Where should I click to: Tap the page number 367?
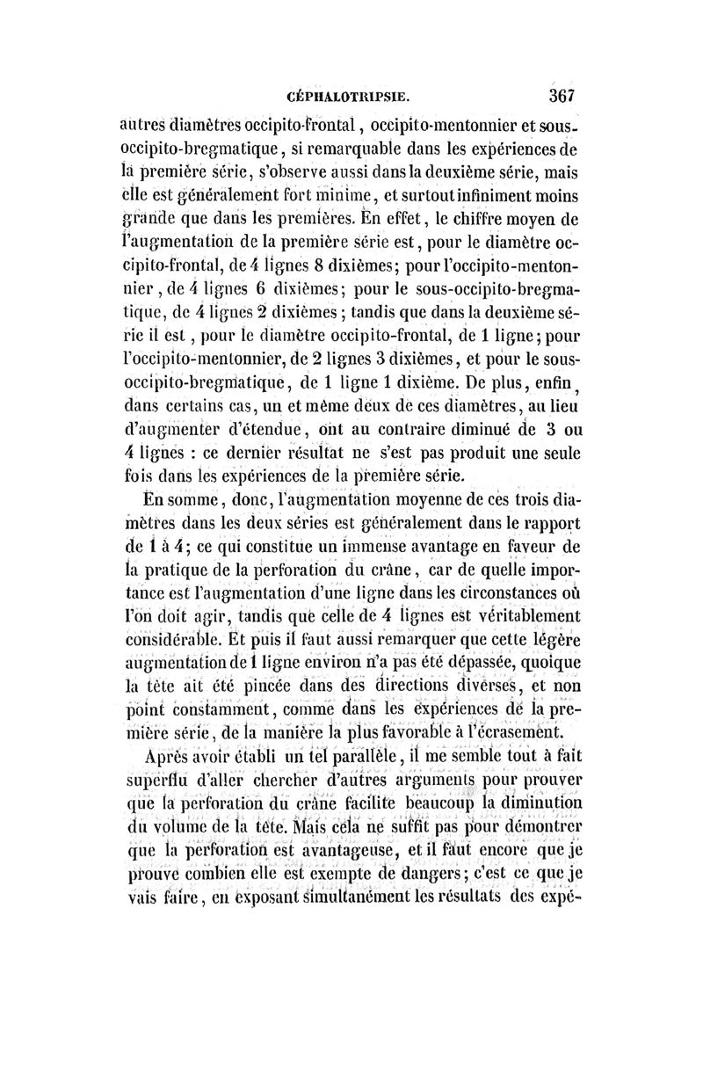point(562,94)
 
